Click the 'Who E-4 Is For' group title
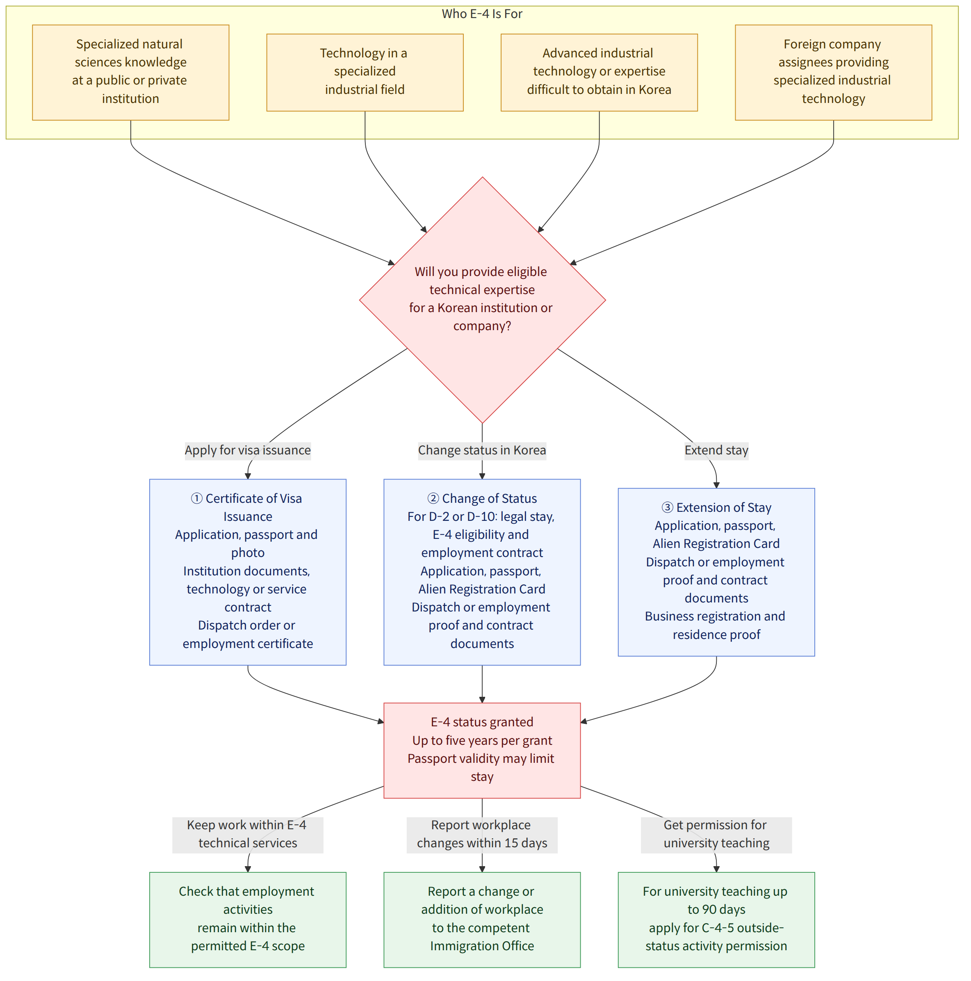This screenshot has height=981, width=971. coord(482,14)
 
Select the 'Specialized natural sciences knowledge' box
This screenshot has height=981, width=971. coord(130,72)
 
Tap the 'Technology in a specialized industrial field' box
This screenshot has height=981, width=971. coord(365,72)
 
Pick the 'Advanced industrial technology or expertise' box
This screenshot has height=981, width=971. coord(599,72)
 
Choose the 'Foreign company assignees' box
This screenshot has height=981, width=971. coord(834,72)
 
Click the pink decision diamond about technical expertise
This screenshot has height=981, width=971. coord(482,299)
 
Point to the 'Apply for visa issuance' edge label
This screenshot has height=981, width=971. coord(248,450)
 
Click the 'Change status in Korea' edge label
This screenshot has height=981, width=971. coord(482,450)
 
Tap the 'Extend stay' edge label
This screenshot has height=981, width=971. coord(716,450)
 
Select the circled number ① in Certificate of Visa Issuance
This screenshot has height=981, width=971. coord(196,499)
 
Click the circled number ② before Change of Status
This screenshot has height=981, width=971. coord(433,499)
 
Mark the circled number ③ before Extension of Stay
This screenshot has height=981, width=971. coord(668,508)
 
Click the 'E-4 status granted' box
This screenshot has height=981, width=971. coord(482,751)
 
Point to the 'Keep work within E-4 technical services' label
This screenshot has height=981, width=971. coord(248,834)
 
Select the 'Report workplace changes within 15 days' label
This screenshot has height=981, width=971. coord(482,834)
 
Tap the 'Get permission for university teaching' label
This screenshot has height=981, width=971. coord(716,834)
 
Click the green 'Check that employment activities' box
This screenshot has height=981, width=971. coord(248,919)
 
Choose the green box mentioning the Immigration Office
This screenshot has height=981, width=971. coord(482,919)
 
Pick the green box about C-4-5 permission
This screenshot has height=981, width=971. coord(716,919)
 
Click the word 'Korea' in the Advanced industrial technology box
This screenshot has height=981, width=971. coord(655,90)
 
